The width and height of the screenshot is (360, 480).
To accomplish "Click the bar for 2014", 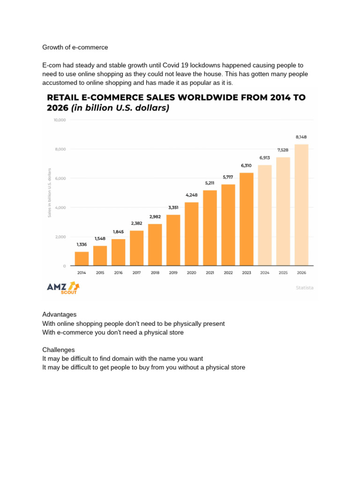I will coord(82,259).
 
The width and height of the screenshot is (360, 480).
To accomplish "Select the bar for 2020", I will coord(192,234).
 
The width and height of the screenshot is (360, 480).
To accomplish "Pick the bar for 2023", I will coord(247,219).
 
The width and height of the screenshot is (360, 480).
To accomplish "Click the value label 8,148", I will coord(301,137).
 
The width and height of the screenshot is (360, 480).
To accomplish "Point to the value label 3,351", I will coord(173,207).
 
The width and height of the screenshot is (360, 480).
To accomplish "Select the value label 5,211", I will coord(210,183).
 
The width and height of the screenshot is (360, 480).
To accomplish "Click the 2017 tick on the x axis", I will coord(136,272).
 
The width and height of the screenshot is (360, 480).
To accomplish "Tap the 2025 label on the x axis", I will coord(283,272).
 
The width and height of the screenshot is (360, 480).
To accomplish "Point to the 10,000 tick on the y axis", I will coord(60,120).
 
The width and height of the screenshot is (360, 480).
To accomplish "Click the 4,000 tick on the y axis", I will coord(60,208).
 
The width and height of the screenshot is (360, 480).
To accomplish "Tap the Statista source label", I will coord(305,287).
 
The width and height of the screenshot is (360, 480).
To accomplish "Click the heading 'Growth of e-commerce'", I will coord(75,47).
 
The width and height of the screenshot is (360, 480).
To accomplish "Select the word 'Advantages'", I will coord(59,315).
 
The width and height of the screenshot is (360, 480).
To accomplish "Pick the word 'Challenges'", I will coord(58,350).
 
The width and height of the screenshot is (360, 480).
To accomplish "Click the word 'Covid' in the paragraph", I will coord(172,65).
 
